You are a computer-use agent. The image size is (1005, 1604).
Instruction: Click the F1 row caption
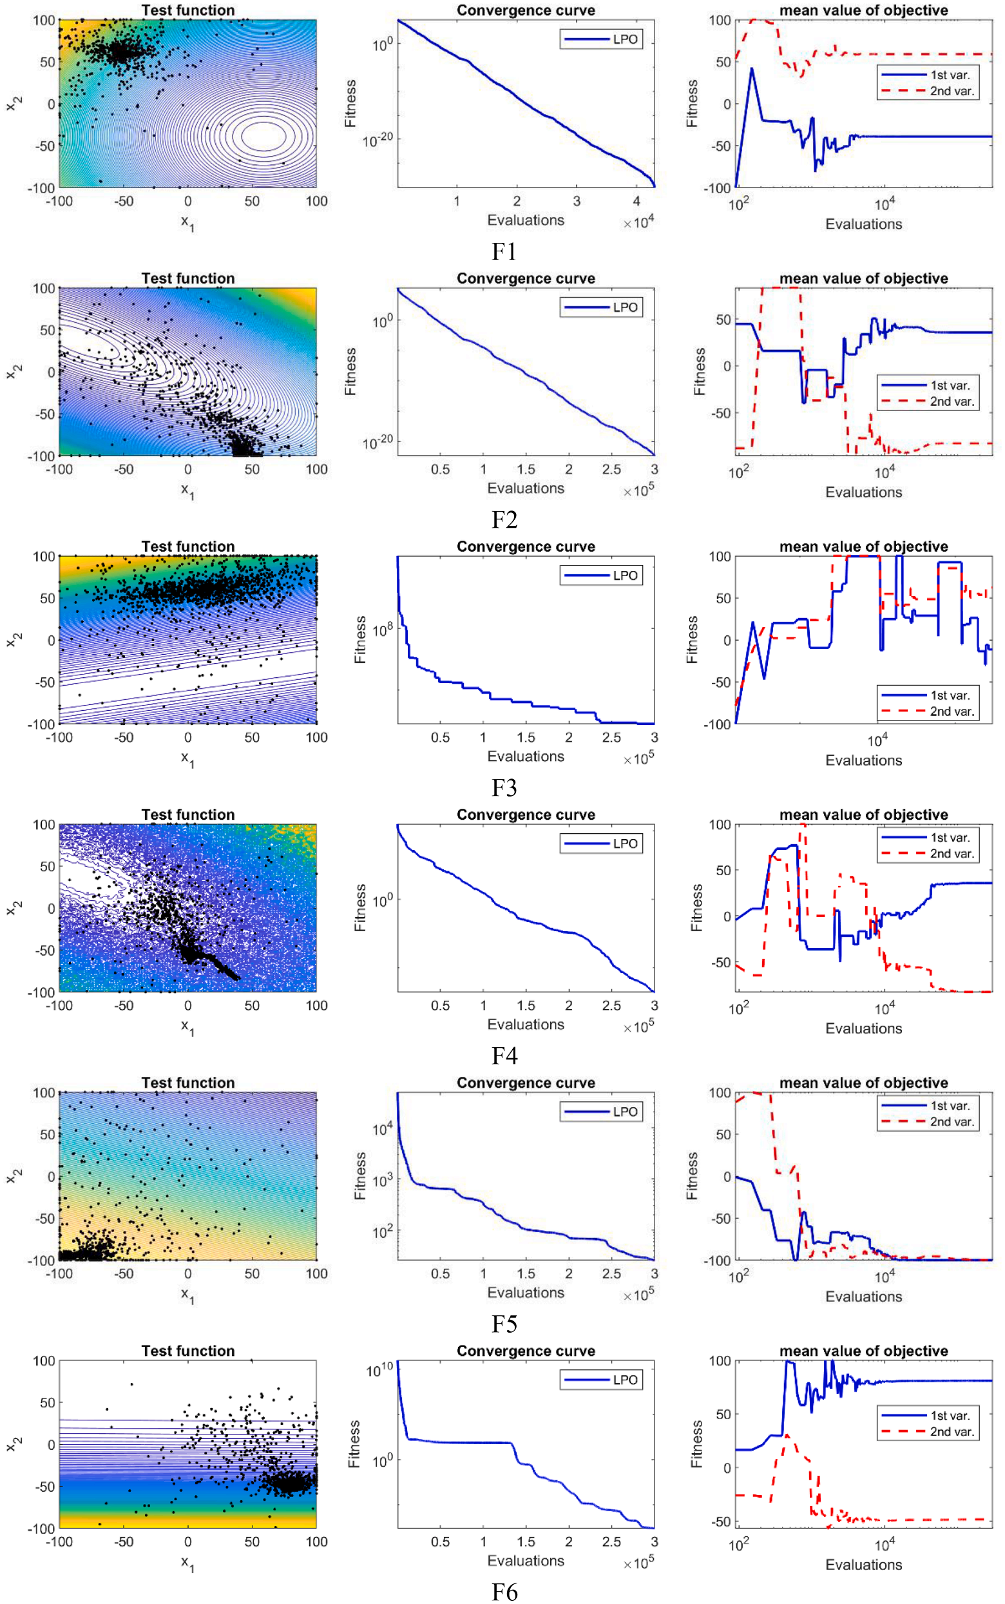click(504, 251)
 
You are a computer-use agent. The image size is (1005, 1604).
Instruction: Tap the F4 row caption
click(504, 1056)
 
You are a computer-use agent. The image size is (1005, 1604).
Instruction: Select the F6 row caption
click(504, 1592)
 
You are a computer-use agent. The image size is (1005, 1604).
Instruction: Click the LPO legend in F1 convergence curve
click(602, 39)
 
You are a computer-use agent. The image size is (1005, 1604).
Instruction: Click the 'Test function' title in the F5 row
click(188, 1083)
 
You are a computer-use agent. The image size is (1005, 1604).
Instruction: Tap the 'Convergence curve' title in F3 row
click(526, 546)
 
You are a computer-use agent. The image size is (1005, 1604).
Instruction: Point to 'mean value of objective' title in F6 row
click(863, 1351)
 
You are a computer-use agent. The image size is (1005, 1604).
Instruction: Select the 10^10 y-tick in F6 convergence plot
click(379, 1369)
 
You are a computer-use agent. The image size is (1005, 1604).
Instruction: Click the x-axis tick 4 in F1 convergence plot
click(636, 202)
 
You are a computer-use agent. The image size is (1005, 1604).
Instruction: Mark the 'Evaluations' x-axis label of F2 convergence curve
click(526, 488)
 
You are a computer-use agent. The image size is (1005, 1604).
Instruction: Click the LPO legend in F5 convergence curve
click(602, 1112)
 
